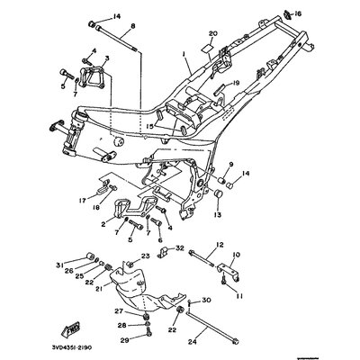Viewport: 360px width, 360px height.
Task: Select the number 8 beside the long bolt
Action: (132, 27)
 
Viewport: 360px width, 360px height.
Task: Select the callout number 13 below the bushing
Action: (217, 216)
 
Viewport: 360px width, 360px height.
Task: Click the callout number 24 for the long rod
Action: (217, 341)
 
